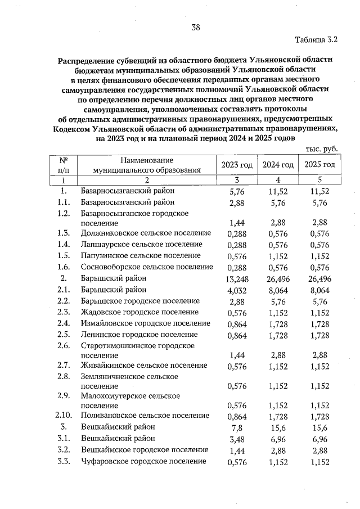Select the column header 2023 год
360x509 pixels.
pos(237,164)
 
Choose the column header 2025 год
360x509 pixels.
pos(319,164)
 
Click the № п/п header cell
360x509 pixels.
pos(64,164)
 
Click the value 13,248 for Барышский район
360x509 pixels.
pos(237,278)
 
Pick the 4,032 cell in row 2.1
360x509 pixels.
pos(237,290)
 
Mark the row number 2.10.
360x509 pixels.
pos(64,416)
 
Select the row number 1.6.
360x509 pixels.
pos(64,267)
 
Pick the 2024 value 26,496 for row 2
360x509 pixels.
pos(278,278)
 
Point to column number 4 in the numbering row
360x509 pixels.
pos(278,180)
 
